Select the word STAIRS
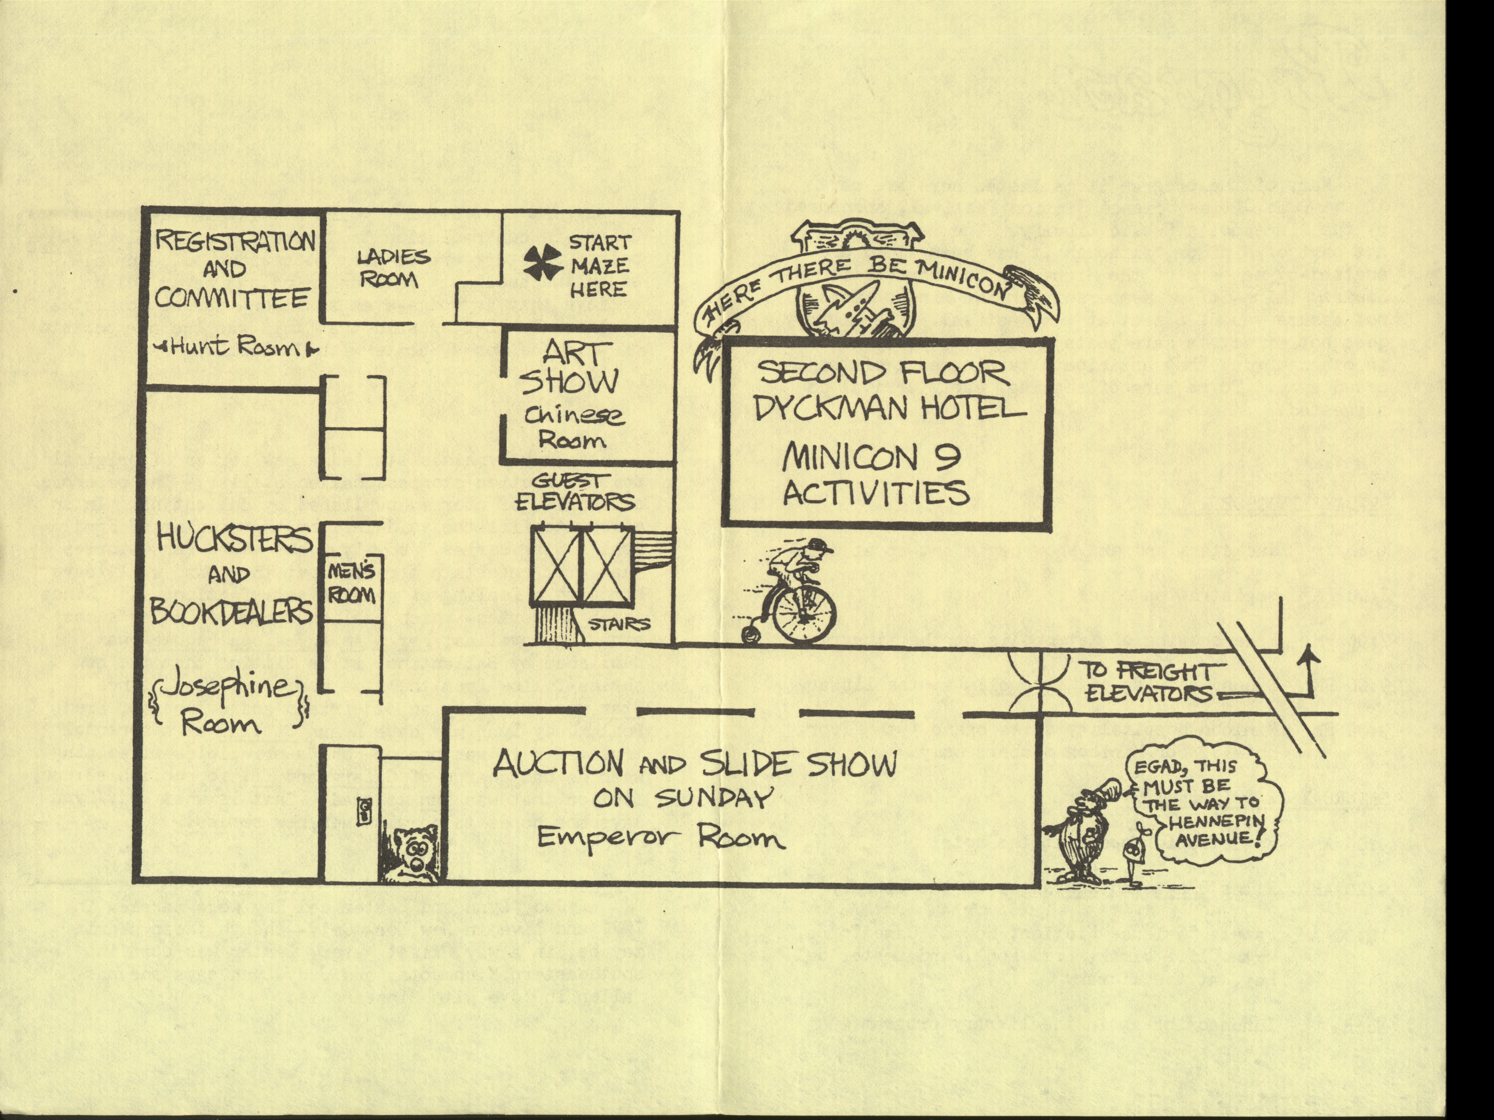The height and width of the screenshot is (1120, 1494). [x=619, y=624]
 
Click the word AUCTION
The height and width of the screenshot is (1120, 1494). [x=557, y=763]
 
